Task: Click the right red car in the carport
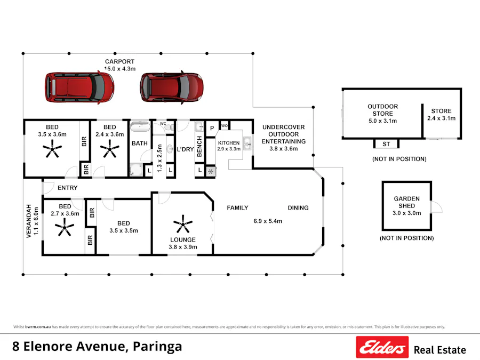coord(171,86)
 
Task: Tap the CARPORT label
coord(119,62)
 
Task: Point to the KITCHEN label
coord(229,143)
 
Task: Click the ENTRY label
coord(67,188)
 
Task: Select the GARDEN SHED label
coord(407,202)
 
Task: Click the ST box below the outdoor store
coord(386,144)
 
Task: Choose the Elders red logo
coord(382,347)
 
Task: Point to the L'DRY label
coord(185,149)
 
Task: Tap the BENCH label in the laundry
coord(199,146)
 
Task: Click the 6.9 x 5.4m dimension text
coord(268,221)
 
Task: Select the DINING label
coord(298,207)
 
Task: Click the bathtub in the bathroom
coord(141,126)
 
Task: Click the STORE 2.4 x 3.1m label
coord(441,115)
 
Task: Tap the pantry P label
coord(211,128)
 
